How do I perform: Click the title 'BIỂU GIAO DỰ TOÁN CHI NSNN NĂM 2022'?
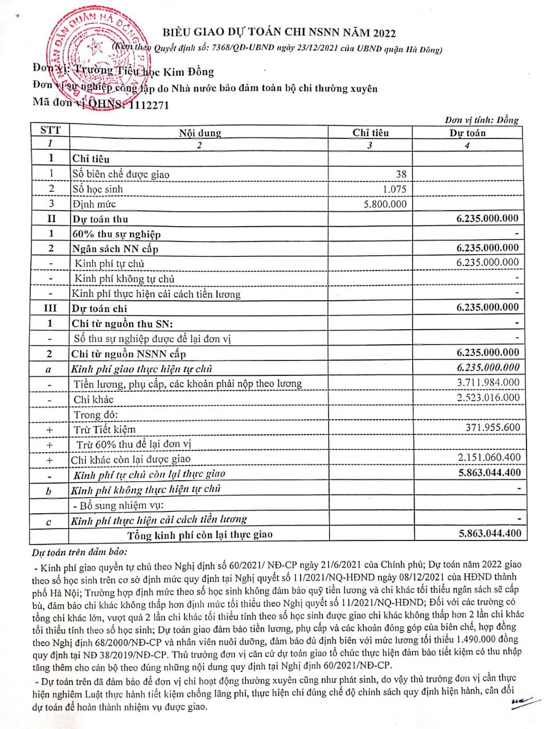(279, 32)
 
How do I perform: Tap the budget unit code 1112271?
(149, 105)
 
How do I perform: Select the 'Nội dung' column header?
(200, 133)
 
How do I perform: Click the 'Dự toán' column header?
(467, 133)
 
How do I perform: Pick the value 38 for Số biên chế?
(401, 174)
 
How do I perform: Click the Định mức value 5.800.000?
(385, 204)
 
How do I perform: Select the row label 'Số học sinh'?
(97, 189)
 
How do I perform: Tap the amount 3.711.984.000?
(488, 383)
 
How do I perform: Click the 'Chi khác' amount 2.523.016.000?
(488, 398)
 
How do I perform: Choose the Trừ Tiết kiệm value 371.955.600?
(492, 428)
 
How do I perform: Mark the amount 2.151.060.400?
(489, 457)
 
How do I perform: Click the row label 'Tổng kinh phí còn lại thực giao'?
(200, 535)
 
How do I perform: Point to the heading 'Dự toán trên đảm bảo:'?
(80, 552)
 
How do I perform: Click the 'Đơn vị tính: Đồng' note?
(482, 120)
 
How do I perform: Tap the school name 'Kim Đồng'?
(188, 72)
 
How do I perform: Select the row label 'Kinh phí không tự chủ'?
(124, 279)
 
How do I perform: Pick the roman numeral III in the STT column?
(50, 308)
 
